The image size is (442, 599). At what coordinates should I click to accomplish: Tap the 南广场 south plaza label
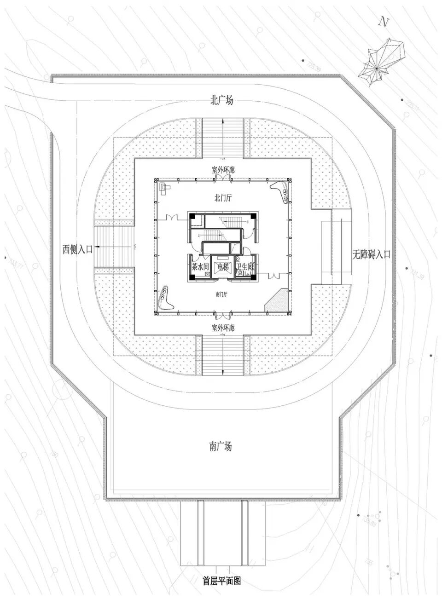tap(221, 446)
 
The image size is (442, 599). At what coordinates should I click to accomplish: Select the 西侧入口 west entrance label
tap(77, 249)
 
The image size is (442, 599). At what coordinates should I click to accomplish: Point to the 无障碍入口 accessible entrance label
tap(371, 253)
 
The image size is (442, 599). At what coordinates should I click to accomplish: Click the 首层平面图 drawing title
tap(222, 581)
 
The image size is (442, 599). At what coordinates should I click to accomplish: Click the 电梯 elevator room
tap(223, 267)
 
